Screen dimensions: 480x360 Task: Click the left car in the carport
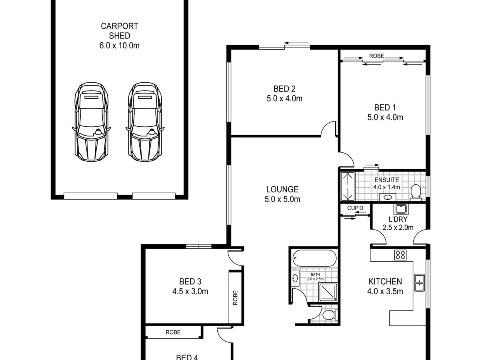point(92,122)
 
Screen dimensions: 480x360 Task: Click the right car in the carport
point(145,122)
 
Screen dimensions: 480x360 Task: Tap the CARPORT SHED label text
point(119,31)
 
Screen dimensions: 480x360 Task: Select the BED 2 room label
point(284,89)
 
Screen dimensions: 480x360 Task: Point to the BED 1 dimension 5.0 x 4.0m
point(385,117)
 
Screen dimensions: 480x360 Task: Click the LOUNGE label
point(282,189)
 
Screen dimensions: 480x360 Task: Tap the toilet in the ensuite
point(416,193)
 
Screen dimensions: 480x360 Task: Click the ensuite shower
point(348,186)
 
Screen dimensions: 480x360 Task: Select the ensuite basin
point(388,197)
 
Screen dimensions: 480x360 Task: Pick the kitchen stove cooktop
point(400,255)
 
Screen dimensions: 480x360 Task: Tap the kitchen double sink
point(420,283)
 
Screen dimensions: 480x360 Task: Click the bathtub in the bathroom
point(314,258)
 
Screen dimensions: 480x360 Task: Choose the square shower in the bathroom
point(328,292)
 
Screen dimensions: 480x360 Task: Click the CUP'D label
point(355,208)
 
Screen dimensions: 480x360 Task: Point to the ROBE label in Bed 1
point(376,56)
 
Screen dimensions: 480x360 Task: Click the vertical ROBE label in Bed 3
point(235,298)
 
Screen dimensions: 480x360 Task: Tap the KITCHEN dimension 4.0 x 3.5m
point(385,291)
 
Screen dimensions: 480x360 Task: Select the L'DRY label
point(398,219)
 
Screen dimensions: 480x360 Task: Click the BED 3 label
point(190,282)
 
